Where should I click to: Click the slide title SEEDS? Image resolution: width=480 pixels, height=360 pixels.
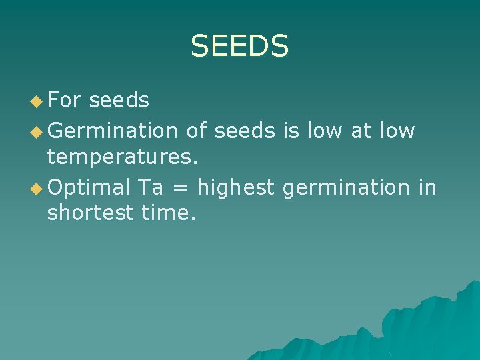click(x=239, y=46)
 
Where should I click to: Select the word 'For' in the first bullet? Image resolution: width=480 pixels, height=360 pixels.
click(x=64, y=100)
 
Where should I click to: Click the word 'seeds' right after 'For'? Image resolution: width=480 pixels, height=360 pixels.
click(x=119, y=100)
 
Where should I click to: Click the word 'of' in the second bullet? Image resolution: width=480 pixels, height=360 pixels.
click(x=197, y=131)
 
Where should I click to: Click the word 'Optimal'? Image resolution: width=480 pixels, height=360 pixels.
click(x=89, y=188)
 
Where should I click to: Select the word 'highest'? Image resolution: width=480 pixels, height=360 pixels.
click(x=236, y=188)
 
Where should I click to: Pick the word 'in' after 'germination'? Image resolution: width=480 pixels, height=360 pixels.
click(x=427, y=188)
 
